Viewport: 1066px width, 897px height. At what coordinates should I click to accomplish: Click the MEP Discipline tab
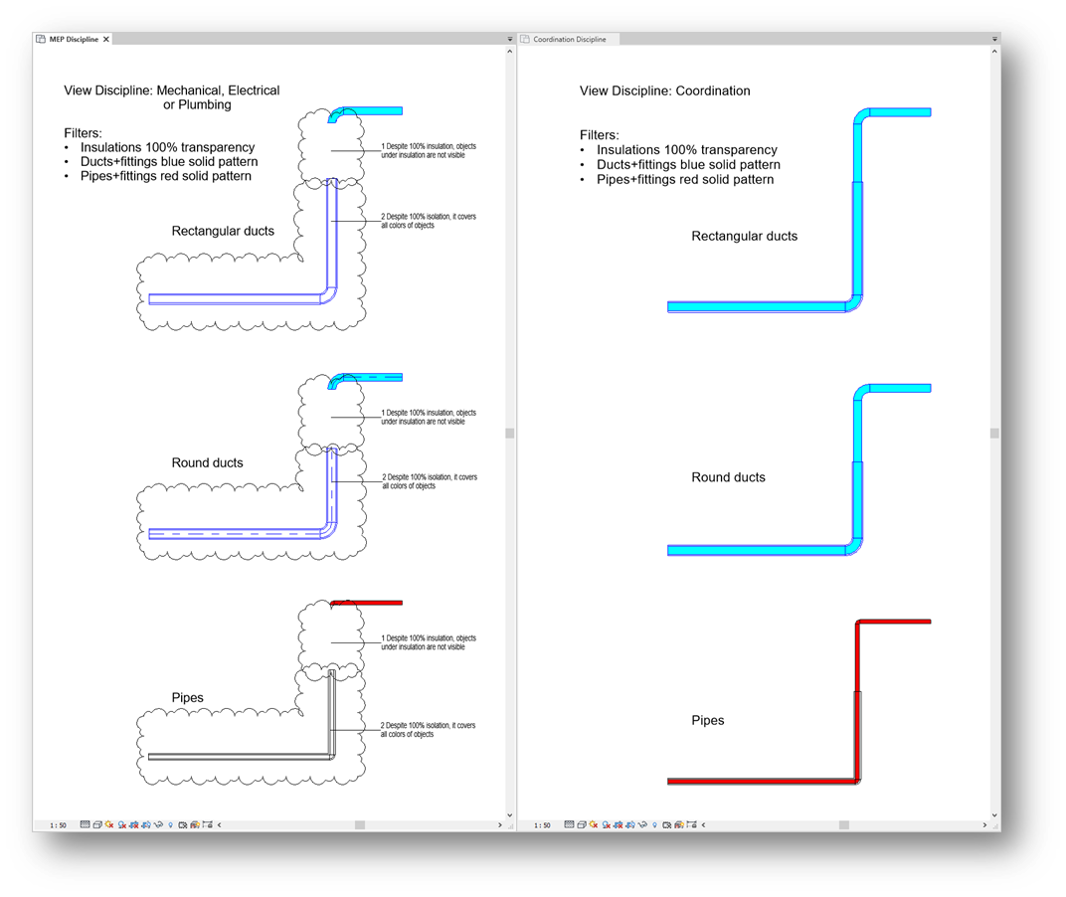[74, 40]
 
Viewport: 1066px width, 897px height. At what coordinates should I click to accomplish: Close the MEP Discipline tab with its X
[106, 40]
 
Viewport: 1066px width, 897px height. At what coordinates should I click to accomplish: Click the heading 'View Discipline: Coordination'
[665, 91]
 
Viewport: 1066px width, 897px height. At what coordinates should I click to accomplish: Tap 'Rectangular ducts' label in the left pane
[223, 232]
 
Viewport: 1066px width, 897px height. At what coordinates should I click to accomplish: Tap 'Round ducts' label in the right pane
[728, 477]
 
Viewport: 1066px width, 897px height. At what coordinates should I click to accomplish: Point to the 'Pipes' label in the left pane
[188, 698]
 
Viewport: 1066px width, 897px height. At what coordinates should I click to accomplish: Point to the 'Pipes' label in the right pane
[708, 720]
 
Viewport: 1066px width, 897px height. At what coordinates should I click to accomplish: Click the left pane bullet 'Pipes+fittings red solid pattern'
[166, 176]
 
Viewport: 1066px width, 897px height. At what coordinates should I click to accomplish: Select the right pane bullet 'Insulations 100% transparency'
[687, 149]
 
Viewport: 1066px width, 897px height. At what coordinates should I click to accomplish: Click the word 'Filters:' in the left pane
[83, 133]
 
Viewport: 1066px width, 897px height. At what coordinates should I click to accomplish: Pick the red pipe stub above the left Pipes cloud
[366, 603]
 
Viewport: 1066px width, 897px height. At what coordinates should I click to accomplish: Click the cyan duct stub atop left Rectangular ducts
[365, 113]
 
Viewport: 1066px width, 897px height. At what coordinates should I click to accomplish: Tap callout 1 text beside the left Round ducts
[429, 417]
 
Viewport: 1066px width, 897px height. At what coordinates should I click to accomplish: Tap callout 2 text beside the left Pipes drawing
[428, 730]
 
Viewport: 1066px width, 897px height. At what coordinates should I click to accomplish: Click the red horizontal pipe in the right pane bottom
[762, 782]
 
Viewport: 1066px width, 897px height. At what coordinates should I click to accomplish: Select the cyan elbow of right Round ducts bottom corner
[854, 546]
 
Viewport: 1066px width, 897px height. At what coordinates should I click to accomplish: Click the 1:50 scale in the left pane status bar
[58, 825]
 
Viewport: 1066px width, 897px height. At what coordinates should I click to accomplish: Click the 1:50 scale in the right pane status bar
[542, 825]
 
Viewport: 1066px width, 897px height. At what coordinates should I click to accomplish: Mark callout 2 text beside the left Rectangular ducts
[429, 221]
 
